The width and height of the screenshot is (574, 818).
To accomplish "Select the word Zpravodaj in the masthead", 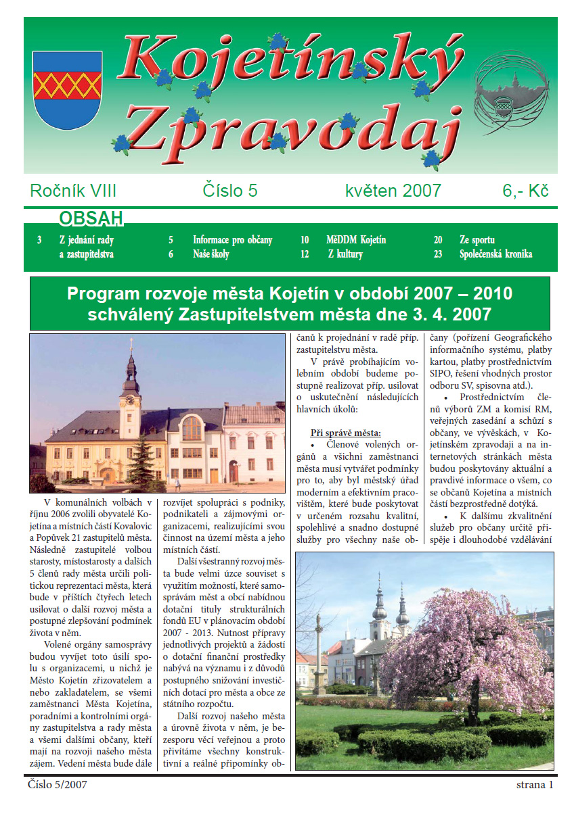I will click(291, 125).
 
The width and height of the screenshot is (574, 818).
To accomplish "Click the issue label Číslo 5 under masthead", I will click(230, 191).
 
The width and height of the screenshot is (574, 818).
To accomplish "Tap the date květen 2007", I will click(393, 191).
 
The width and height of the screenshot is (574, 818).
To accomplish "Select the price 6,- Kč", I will click(525, 191).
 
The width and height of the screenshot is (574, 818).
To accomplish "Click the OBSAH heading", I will click(91, 218).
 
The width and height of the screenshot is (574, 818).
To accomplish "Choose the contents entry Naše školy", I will click(211, 254).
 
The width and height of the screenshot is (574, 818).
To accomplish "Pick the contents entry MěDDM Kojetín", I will click(355, 240).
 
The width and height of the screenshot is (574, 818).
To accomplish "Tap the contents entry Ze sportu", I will click(477, 240).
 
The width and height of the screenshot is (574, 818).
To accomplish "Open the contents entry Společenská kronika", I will click(495, 254).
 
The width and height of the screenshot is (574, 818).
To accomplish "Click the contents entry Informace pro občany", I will click(232, 240).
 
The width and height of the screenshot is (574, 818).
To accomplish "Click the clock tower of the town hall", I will click(130, 392).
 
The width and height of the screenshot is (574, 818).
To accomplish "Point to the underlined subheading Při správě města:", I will click(346, 433).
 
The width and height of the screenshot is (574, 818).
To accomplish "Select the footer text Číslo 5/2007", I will click(58, 785).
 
